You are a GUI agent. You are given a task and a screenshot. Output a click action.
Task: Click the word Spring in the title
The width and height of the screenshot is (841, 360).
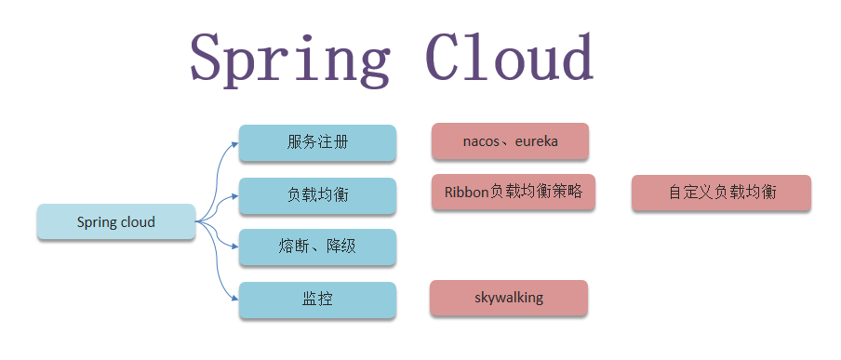pyautogui.click(x=289, y=60)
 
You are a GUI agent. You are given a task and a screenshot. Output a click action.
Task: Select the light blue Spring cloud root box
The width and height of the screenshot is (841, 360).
pyautogui.click(x=116, y=222)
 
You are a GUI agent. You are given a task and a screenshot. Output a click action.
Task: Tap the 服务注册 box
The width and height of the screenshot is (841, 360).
pyautogui.click(x=317, y=143)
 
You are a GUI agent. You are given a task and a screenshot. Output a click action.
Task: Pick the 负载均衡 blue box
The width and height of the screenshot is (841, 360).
pyautogui.click(x=317, y=195)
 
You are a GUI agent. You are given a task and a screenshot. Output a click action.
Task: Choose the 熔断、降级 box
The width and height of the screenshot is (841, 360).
pyautogui.click(x=317, y=247)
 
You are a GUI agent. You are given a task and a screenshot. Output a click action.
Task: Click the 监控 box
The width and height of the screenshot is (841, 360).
pyautogui.click(x=317, y=300)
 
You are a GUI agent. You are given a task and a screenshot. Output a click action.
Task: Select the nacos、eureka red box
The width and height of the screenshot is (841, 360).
pyautogui.click(x=510, y=141)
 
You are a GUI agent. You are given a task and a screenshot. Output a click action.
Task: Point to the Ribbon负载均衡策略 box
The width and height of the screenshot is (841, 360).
pyautogui.click(x=513, y=192)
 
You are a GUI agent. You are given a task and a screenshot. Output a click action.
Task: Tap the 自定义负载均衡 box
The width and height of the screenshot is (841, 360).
pyautogui.click(x=721, y=193)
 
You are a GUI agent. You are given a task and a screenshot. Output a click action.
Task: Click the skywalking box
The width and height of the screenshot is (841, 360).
pyautogui.click(x=508, y=299)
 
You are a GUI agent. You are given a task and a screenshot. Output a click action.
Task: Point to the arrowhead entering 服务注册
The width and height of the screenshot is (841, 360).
pyautogui.click(x=234, y=143)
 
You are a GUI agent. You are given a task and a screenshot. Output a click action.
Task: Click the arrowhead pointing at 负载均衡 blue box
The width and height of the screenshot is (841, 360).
pyautogui.click(x=234, y=196)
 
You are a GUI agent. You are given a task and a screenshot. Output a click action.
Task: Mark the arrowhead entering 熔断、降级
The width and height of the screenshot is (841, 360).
pyautogui.click(x=234, y=247)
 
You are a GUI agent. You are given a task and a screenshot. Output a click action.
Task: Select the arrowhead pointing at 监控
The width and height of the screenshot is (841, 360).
pyautogui.click(x=234, y=300)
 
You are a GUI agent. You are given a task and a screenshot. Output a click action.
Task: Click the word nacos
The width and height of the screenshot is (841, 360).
pyautogui.click(x=481, y=141)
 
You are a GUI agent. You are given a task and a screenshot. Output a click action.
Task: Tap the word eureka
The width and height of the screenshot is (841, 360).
pyautogui.click(x=536, y=141)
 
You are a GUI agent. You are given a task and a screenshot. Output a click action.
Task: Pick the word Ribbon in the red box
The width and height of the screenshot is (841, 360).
pyautogui.click(x=466, y=192)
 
